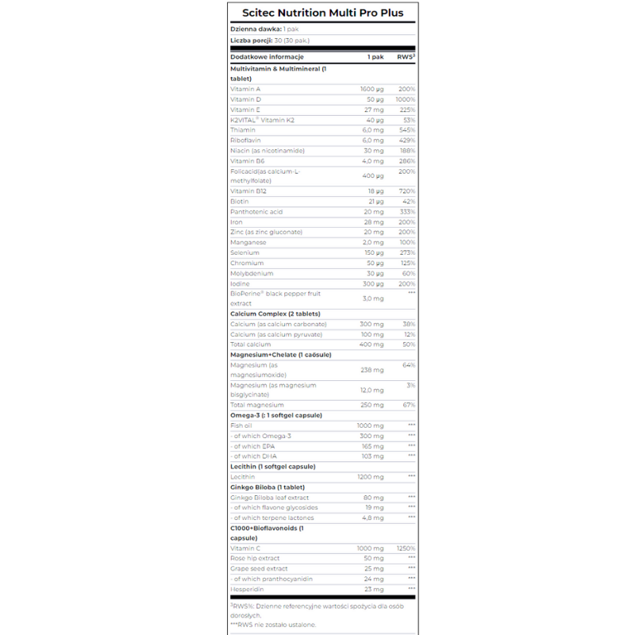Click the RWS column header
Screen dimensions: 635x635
coord(406,57)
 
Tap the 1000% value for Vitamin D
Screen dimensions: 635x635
coord(406,99)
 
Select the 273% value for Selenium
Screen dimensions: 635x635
coord(407,252)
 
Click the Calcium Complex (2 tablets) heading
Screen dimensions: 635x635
coord(275,314)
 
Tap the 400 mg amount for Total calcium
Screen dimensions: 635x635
coord(371,344)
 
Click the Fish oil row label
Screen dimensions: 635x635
coord(241,425)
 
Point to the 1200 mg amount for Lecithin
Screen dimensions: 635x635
coord(370,476)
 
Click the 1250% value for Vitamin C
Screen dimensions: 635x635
coord(406,548)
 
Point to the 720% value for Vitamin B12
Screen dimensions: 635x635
coord(407,191)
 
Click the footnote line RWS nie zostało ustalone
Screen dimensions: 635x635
coord(273,625)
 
